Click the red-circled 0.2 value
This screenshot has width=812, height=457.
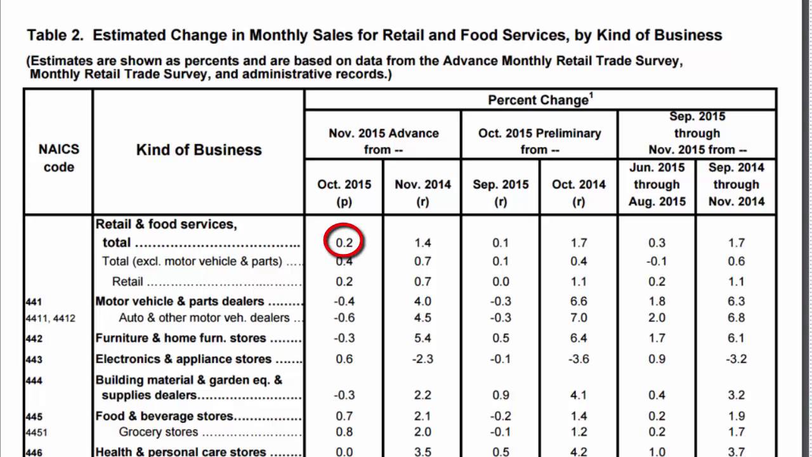tap(344, 242)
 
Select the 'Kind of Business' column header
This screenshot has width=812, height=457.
tap(199, 150)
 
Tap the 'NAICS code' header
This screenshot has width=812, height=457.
tap(58, 158)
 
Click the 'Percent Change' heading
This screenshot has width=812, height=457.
tap(540, 100)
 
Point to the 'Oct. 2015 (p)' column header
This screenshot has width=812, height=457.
tap(344, 192)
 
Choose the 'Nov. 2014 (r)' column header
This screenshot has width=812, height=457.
tap(422, 192)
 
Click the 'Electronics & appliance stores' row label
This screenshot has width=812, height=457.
tap(183, 359)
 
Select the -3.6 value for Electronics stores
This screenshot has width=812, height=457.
tap(579, 359)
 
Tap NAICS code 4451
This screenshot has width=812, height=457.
tap(37, 433)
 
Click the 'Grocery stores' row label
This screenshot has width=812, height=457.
tap(159, 432)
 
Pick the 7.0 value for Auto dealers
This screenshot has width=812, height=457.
tap(579, 317)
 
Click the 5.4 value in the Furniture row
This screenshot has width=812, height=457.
tap(422, 338)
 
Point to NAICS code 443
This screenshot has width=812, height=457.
tap(34, 360)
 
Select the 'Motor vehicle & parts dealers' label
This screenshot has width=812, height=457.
tap(180, 301)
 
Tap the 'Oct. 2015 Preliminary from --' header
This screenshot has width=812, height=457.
tap(539, 141)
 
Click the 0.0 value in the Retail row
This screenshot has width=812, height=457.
tap(501, 281)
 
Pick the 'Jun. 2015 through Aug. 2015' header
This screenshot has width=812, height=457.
tap(657, 185)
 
